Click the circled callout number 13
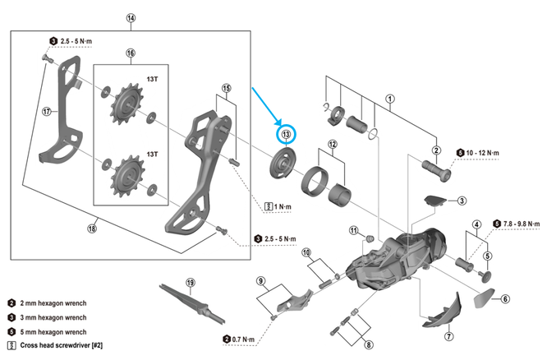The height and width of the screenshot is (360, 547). coord(286,135)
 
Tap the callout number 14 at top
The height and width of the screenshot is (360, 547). coord(131,17)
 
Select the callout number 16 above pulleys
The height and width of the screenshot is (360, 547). coord(131,54)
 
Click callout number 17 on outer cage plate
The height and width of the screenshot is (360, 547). coord(47,112)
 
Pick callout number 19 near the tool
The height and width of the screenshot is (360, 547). coord(190,284)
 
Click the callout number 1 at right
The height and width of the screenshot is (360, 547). coord(390,99)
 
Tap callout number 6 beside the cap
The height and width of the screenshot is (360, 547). coord(506,299)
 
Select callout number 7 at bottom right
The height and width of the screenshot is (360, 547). coord(449,336)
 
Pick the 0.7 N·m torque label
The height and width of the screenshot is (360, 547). coord(244,338)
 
